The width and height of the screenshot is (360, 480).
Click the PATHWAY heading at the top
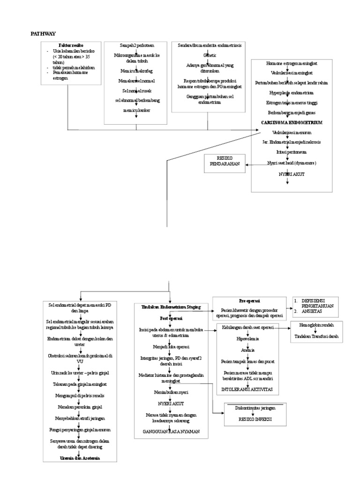coord(43,34)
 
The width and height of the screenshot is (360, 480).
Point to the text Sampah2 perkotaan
coord(136,45)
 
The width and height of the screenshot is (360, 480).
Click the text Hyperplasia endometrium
coord(291,92)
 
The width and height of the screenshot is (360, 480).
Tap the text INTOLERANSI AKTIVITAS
coord(248,389)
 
